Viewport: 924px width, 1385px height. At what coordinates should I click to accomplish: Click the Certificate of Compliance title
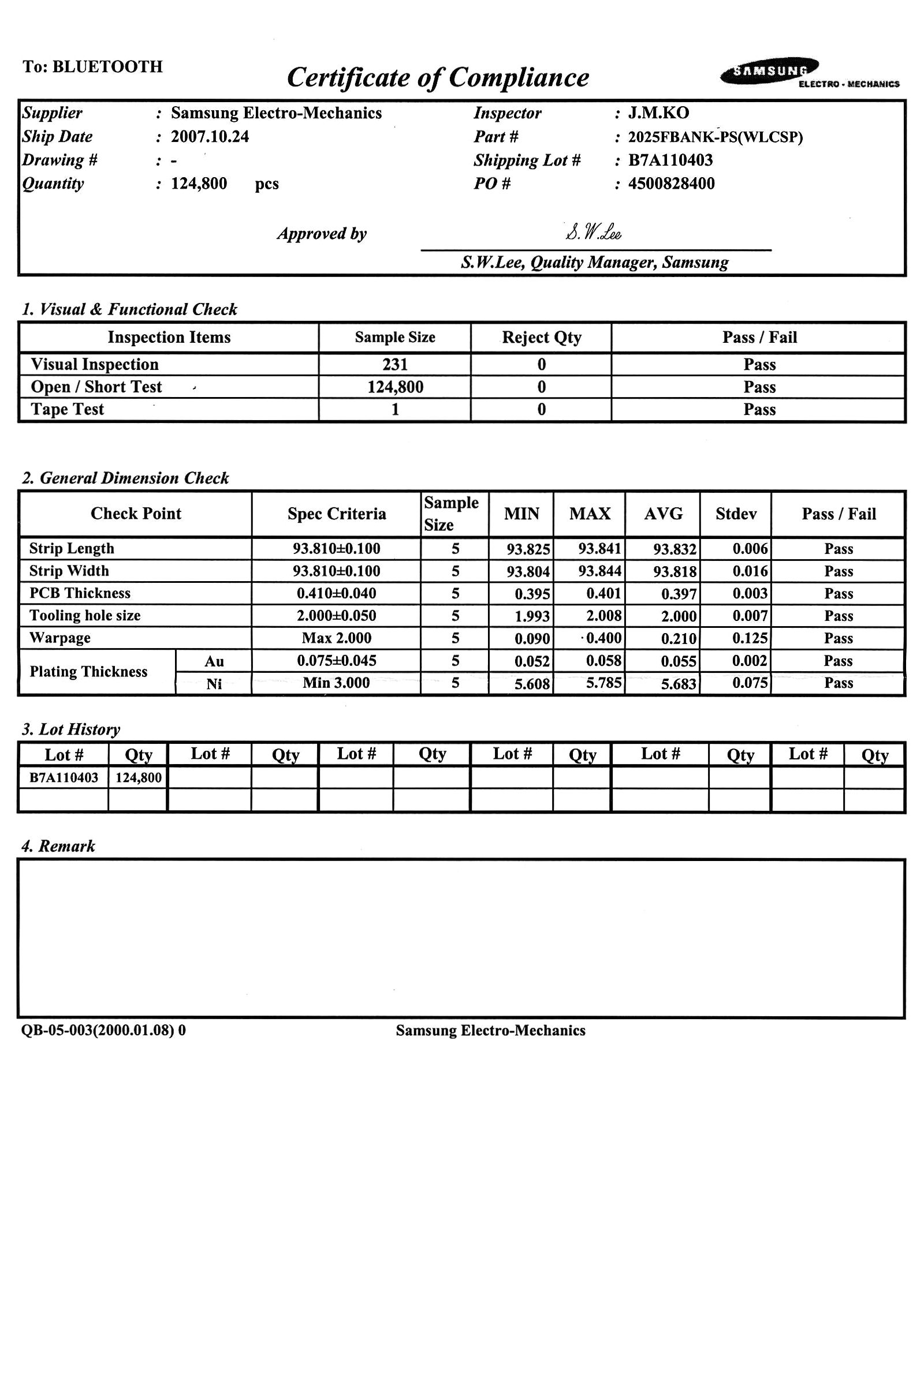[438, 78]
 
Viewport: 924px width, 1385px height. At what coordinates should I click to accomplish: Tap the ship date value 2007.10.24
[210, 137]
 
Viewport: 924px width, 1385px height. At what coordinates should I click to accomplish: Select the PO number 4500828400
[671, 184]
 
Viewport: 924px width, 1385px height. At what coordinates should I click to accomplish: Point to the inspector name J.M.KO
[658, 113]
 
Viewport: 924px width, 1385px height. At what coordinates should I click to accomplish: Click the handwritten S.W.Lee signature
[593, 233]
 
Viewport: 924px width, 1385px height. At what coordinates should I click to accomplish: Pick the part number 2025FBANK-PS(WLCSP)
[716, 137]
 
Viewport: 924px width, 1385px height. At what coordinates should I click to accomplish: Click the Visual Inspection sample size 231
[395, 365]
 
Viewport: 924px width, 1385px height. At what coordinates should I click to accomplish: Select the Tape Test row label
[67, 409]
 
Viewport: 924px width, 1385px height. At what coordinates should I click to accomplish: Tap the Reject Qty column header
[542, 338]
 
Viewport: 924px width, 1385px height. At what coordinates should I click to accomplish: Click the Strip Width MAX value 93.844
[599, 571]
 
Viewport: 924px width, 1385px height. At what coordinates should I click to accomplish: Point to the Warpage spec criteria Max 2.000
[337, 638]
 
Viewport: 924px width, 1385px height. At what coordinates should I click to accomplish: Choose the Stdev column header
[736, 514]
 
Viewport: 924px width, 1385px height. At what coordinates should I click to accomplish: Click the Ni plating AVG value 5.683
[678, 684]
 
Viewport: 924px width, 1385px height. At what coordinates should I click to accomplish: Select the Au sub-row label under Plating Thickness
[214, 661]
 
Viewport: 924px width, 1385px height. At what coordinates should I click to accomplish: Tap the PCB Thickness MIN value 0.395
[532, 594]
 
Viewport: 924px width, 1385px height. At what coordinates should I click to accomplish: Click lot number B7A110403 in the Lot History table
[64, 777]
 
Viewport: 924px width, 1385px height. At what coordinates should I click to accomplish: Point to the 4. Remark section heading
[58, 846]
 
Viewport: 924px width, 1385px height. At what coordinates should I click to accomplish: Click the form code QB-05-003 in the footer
[103, 1030]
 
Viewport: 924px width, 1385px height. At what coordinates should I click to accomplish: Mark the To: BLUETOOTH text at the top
[92, 66]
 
